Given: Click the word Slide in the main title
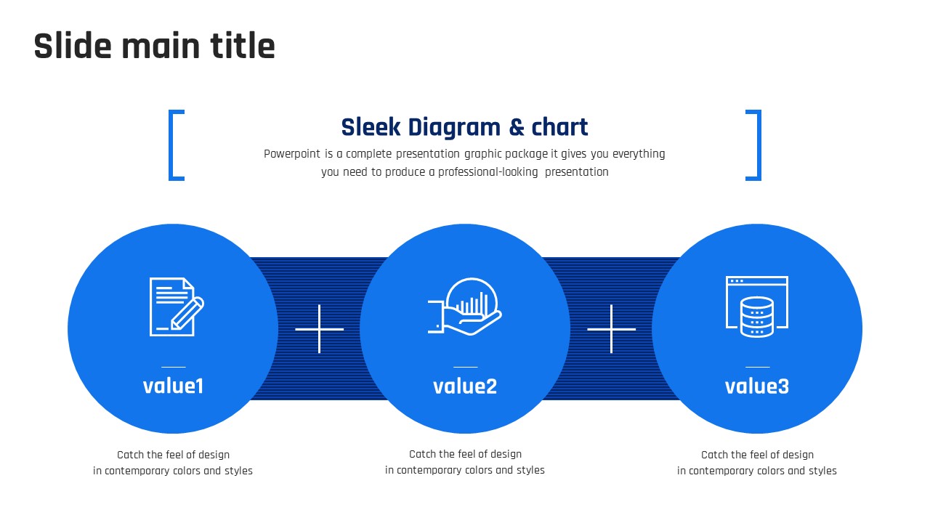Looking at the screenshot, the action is click(x=73, y=46).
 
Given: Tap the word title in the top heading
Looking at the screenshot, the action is click(x=243, y=46).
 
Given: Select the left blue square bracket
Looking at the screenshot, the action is click(x=177, y=145).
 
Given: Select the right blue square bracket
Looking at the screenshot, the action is click(x=753, y=145).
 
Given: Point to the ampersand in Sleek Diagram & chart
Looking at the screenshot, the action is click(x=517, y=127).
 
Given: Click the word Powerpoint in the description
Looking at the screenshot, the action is click(x=292, y=154).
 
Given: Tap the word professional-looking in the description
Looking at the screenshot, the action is click(x=488, y=172).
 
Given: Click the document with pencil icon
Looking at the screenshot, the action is click(x=177, y=307).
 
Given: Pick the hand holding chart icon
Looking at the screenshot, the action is click(x=465, y=307).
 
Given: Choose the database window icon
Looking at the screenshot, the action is click(x=757, y=307).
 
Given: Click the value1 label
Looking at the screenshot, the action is click(x=173, y=386).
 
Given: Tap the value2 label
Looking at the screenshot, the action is click(x=465, y=386).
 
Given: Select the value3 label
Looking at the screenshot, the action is click(x=757, y=386).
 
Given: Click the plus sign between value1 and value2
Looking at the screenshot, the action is click(x=319, y=329).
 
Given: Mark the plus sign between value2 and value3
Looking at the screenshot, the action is click(x=611, y=329).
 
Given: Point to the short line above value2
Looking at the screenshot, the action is click(x=466, y=367).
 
